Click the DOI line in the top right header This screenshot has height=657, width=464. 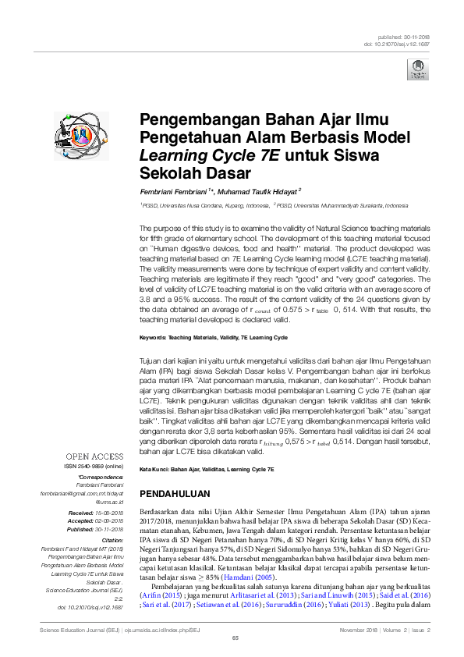398,44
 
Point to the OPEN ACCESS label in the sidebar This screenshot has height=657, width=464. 95,455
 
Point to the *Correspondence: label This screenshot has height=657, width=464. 101,476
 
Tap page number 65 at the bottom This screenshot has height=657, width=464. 235,639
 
